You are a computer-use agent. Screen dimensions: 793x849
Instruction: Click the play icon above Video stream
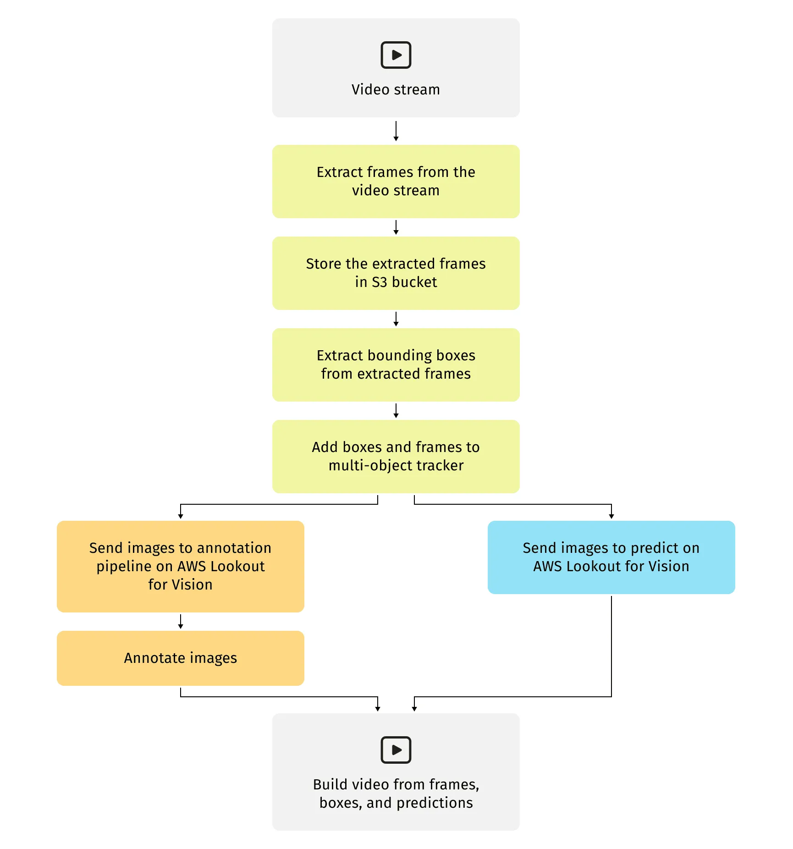pos(396,55)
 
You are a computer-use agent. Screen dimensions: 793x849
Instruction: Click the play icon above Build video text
pos(396,750)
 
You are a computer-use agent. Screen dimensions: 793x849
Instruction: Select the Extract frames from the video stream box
pos(396,182)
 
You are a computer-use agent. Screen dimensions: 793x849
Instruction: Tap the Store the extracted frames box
pos(396,273)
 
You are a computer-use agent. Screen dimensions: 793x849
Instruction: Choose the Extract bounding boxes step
pos(396,365)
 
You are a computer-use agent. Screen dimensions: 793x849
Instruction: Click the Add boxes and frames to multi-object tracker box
pos(396,457)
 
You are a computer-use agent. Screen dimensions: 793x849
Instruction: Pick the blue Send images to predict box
pos(611,557)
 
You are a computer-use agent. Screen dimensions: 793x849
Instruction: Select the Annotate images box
pos(181,658)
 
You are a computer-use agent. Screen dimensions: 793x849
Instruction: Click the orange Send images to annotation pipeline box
pos(181,567)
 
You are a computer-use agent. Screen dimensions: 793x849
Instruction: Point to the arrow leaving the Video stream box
pos(396,131)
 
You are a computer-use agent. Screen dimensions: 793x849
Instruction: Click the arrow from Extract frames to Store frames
pos(396,227)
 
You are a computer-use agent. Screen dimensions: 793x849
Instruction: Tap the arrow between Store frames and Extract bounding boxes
pos(396,319)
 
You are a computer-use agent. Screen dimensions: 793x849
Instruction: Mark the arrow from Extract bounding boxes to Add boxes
pos(396,411)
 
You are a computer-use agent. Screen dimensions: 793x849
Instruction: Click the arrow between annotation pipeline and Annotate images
pos(181,622)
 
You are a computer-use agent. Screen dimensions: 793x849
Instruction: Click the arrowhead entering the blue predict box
pos(611,516)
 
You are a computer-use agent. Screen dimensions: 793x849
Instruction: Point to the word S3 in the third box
pos(380,282)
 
